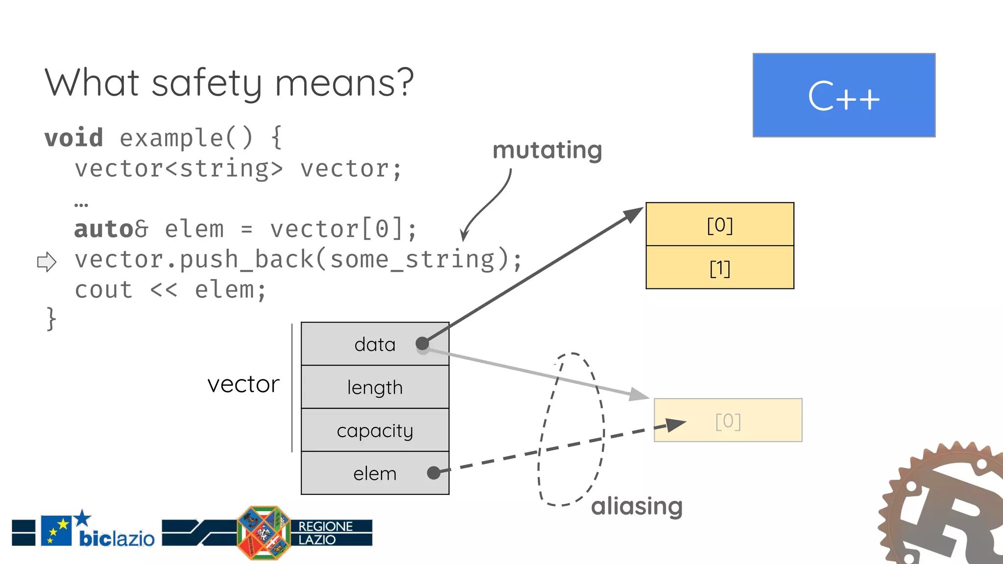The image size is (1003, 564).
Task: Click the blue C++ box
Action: [x=843, y=95]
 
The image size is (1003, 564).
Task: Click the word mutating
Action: [x=547, y=150]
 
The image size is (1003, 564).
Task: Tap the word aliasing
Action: [x=636, y=506]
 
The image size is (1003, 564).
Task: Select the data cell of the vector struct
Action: [x=375, y=344]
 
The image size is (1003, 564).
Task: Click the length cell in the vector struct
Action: [x=375, y=387]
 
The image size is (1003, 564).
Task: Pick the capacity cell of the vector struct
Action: [x=375, y=430]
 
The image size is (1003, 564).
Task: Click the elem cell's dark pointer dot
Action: [x=433, y=472]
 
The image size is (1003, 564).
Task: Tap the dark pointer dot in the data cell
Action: [x=422, y=344]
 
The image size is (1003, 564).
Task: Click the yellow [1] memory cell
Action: [x=719, y=268]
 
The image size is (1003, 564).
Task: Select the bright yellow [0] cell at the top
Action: [x=719, y=225]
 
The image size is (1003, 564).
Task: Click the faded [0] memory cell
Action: [x=728, y=421]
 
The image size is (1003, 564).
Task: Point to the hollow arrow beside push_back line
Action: [x=47, y=261]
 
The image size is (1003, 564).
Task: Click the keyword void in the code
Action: [x=74, y=138]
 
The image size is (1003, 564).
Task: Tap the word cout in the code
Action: [x=103, y=290]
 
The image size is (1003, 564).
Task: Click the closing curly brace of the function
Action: [x=51, y=319]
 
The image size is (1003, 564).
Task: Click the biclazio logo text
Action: [x=117, y=539]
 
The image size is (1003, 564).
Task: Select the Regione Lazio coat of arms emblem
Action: [x=263, y=533]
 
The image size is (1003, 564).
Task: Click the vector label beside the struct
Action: [x=243, y=384]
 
